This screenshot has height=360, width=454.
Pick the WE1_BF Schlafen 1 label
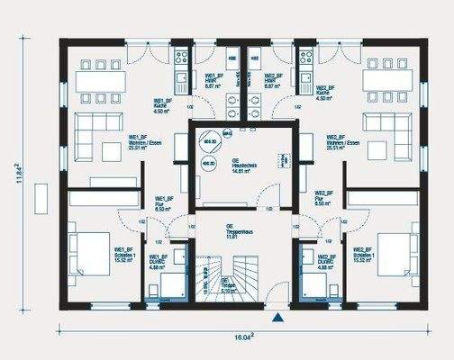(123, 254)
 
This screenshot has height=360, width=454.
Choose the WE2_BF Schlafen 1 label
(364, 254)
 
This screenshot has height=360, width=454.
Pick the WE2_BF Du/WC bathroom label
(326, 263)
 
